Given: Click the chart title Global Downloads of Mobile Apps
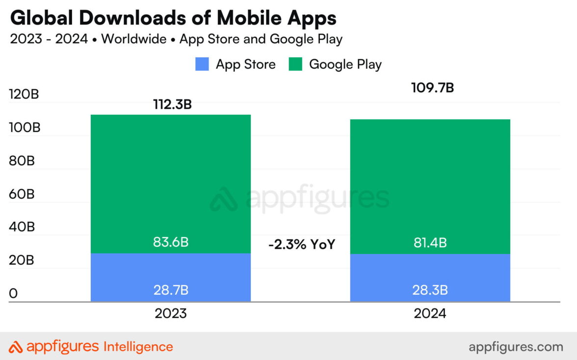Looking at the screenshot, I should (x=173, y=18).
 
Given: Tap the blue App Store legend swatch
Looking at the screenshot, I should (x=202, y=64).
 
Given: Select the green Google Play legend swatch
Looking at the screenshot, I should (x=295, y=64).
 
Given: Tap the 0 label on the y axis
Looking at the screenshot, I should (x=14, y=293).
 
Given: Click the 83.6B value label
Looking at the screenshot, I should (x=171, y=242).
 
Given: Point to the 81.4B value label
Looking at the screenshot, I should (x=430, y=242).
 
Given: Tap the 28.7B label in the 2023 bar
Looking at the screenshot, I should (x=171, y=290).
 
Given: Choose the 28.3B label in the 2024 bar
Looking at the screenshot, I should (x=430, y=290).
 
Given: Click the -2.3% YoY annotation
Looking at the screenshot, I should (x=301, y=244).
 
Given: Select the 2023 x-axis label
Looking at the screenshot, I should (x=171, y=313).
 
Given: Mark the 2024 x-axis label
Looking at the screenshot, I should (x=430, y=313).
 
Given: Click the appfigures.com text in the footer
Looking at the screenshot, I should (x=516, y=347).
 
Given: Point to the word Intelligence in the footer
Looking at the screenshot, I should (x=138, y=347).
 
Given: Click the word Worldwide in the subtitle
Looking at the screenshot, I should (x=133, y=39).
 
